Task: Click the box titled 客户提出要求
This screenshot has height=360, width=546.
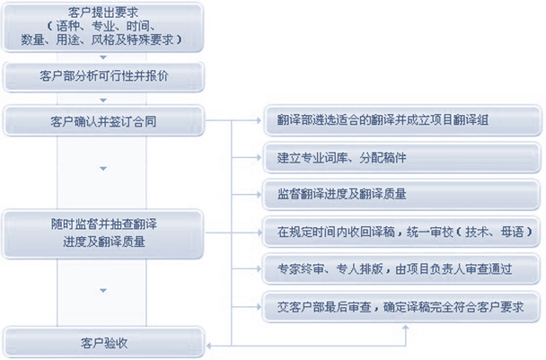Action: pos(105,26)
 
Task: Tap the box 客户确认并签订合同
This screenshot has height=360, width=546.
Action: pos(105,119)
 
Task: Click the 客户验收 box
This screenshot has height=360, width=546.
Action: pos(105,342)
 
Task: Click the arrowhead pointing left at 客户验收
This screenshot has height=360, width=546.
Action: pos(212,342)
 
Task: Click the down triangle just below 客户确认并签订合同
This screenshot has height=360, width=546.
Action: pos(105,168)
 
